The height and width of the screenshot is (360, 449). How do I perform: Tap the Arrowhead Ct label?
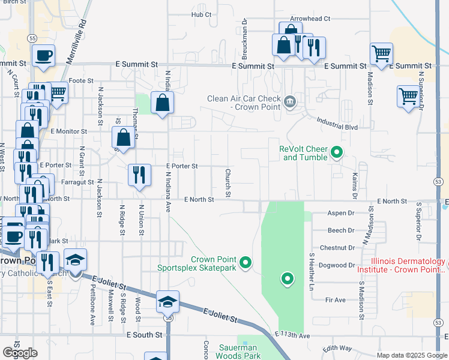pyautogui.click(x=310, y=19)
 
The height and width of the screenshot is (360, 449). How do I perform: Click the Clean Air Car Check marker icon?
pyautogui.click(x=291, y=100)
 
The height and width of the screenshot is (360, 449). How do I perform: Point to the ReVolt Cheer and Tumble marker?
pyautogui.click(x=337, y=152)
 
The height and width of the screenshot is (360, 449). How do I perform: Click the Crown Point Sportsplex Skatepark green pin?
pyautogui.click(x=245, y=263)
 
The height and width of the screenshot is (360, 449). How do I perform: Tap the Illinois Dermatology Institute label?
pyautogui.click(x=400, y=266)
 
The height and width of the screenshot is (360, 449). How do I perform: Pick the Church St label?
pyautogui.click(x=228, y=182)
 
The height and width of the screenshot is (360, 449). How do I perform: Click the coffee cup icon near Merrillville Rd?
pyautogui.click(x=43, y=56)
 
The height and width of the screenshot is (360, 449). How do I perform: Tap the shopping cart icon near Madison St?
pyautogui.click(x=381, y=54)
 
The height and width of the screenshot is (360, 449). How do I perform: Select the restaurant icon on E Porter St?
pyautogui.click(x=139, y=175)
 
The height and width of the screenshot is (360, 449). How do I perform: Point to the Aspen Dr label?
pyautogui.click(x=341, y=213)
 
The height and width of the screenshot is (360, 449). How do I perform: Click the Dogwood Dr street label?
pyautogui.click(x=338, y=265)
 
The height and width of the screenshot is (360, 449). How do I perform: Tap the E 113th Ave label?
pyautogui.click(x=292, y=334)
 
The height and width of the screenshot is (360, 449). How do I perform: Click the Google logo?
pyautogui.click(x=20, y=353)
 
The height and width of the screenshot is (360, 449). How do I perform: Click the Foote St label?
pyautogui.click(x=81, y=80)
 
